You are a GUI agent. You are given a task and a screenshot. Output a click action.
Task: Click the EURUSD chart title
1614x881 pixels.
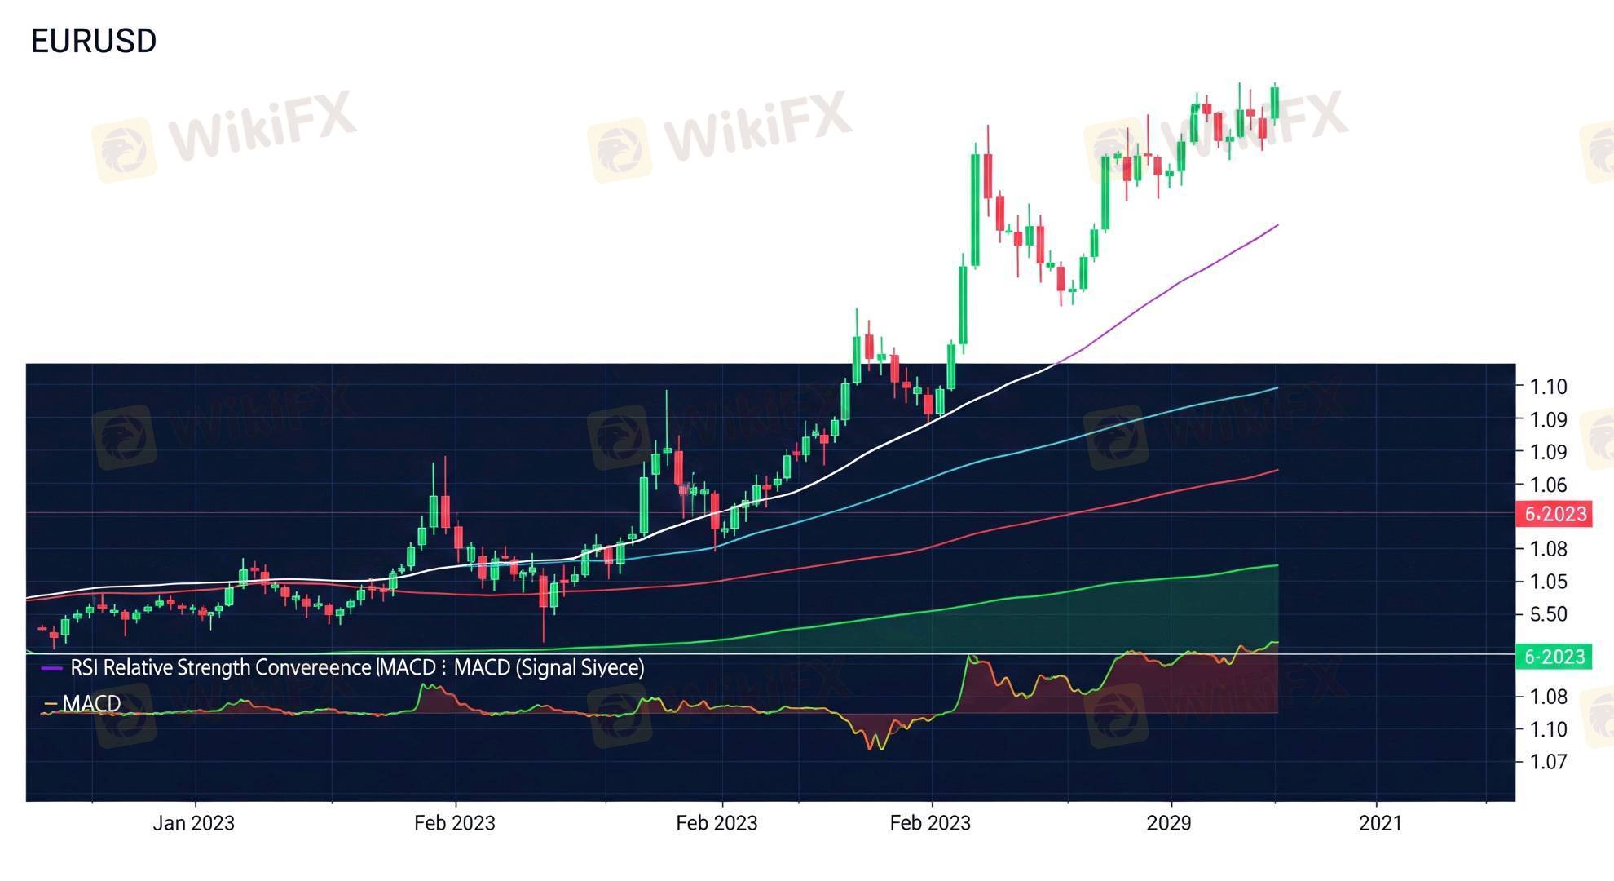(x=94, y=41)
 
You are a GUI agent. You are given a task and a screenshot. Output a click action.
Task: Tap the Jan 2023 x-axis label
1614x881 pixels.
(x=193, y=823)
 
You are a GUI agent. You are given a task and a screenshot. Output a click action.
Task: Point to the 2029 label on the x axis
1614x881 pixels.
(x=1169, y=823)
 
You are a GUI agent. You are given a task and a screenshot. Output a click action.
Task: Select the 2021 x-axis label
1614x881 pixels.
(x=1380, y=823)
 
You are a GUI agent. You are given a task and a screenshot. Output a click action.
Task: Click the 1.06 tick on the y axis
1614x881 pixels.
(x=1548, y=485)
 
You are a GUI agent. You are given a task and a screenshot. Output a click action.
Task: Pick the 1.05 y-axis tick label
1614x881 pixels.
(x=1548, y=582)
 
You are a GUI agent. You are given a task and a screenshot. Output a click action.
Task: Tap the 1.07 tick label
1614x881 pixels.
(x=1548, y=762)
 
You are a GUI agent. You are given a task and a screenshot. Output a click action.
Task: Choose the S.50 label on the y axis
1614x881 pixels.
(x=1548, y=614)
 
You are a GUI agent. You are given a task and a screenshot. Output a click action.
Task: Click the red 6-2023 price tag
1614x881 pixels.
(x=1555, y=515)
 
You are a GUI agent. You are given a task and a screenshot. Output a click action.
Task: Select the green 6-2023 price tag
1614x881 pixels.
(x=1554, y=657)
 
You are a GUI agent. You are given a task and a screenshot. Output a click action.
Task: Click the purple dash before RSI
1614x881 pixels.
(x=51, y=668)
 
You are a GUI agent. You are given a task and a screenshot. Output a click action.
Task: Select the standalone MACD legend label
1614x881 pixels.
(x=91, y=703)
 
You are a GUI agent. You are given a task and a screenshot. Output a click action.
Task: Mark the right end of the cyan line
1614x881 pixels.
(x=1277, y=388)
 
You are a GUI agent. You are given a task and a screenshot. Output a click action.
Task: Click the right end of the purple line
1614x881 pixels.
(x=1277, y=225)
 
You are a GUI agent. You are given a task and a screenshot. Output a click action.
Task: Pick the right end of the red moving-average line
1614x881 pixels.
(x=1277, y=471)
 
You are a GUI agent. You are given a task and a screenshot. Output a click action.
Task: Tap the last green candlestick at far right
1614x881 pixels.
(x=1275, y=104)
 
